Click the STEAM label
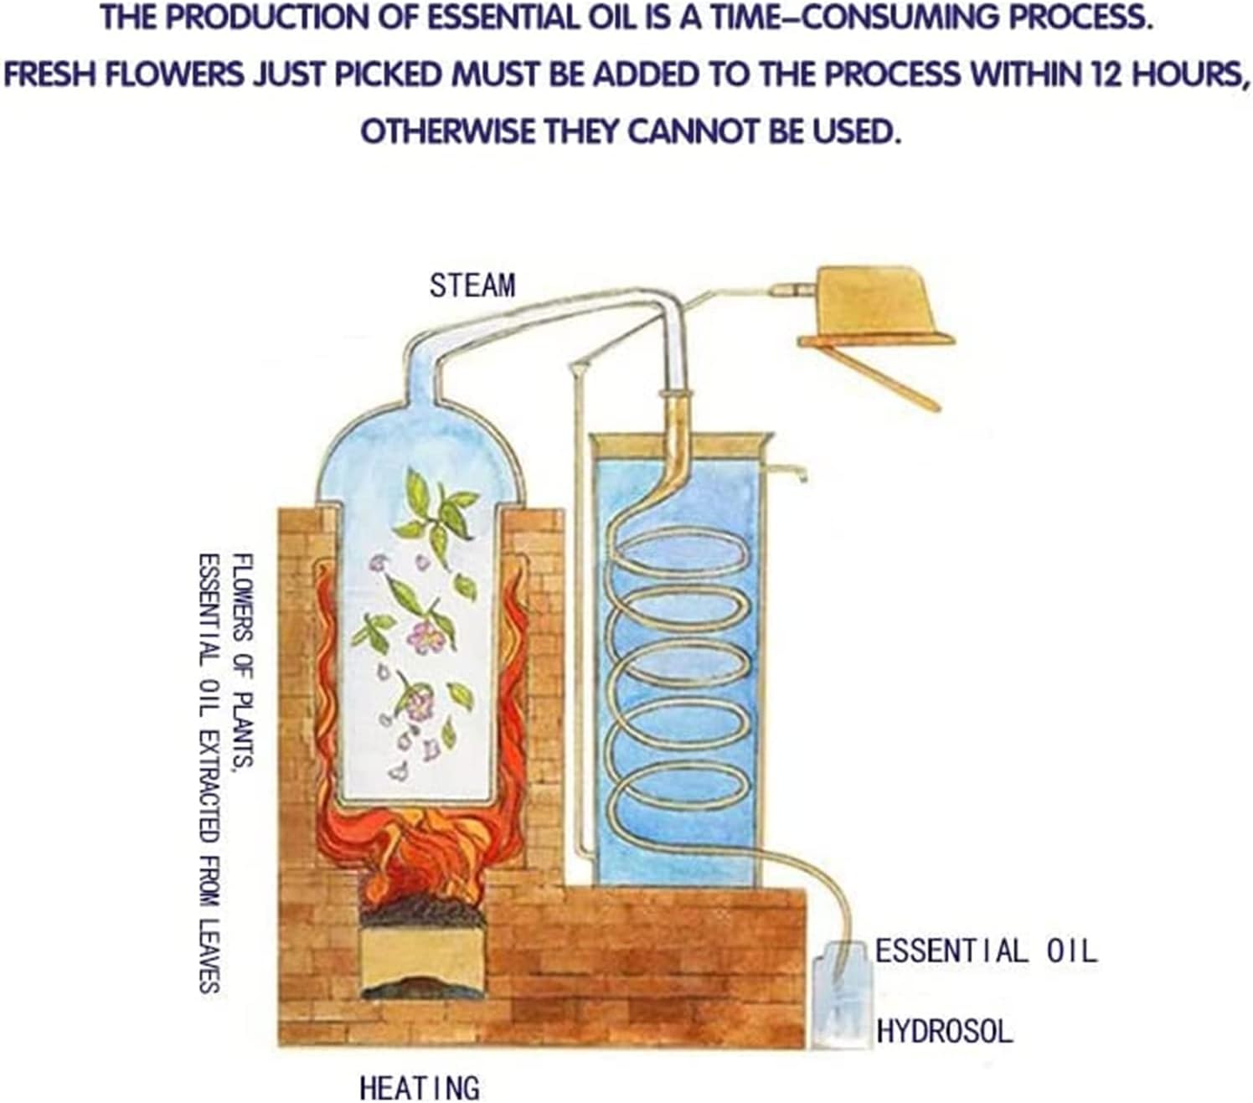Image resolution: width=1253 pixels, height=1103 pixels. click(x=472, y=286)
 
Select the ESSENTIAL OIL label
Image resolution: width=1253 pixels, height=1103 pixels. click(x=986, y=951)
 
